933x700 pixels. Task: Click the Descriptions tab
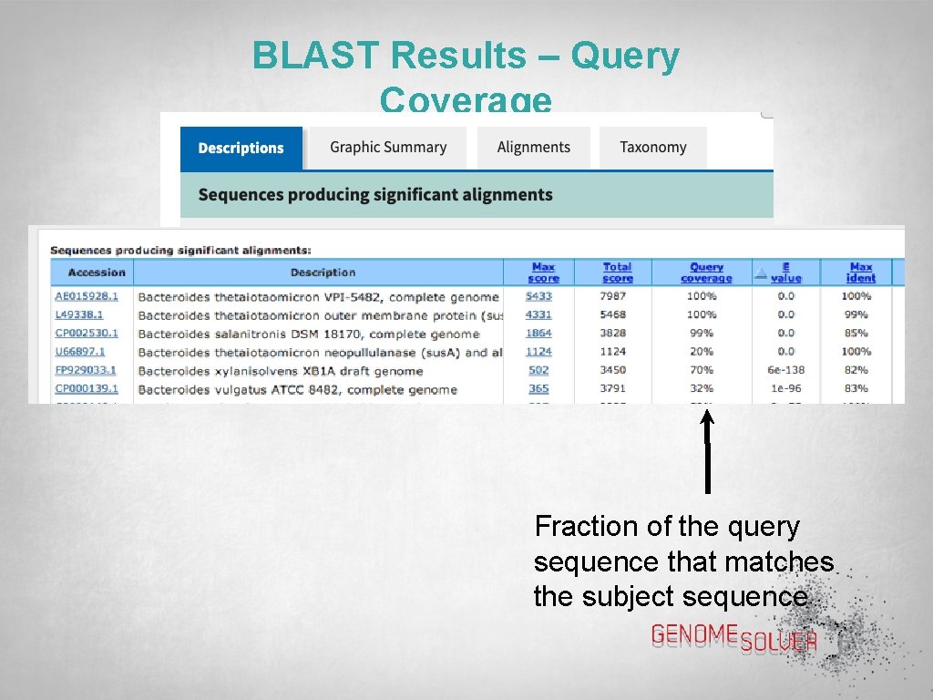[x=241, y=148]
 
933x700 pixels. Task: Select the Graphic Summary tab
[x=388, y=148]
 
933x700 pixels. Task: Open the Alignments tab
[x=533, y=148]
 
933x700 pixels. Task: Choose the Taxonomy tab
[x=652, y=148]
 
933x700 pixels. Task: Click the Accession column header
[x=97, y=273]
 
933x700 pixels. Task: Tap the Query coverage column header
[x=706, y=273]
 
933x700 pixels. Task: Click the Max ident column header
[x=860, y=273]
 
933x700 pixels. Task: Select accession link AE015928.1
[x=87, y=296]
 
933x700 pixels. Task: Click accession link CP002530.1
[x=87, y=334]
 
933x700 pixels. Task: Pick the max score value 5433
[x=538, y=296]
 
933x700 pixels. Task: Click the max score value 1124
[x=538, y=352]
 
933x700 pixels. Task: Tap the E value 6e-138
[x=785, y=370]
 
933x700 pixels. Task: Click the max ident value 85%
[x=856, y=334]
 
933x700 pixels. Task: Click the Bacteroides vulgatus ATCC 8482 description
[x=297, y=389]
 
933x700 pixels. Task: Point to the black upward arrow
[x=707, y=451]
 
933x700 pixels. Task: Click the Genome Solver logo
[x=734, y=638]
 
